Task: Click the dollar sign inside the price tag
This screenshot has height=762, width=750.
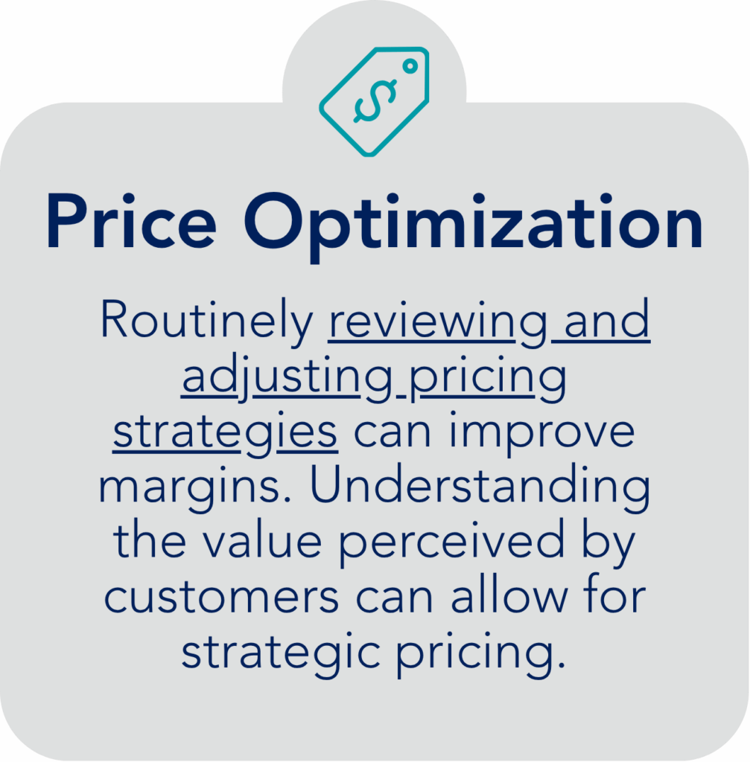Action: pyautogui.click(x=374, y=100)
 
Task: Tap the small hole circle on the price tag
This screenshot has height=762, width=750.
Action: pyautogui.click(x=410, y=65)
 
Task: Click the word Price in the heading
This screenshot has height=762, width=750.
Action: pyautogui.click(x=131, y=221)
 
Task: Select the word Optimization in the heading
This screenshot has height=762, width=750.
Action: pyautogui.click(x=474, y=225)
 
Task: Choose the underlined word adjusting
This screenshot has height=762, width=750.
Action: pyautogui.click(x=287, y=377)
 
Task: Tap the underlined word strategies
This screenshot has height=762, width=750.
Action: pyautogui.click(x=225, y=432)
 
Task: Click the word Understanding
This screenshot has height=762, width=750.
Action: pyautogui.click(x=480, y=486)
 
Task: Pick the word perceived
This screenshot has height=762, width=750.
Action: pyautogui.click(x=452, y=542)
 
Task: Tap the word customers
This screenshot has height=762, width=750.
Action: pyautogui.click(x=221, y=597)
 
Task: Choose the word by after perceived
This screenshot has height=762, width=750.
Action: pyautogui.click(x=609, y=542)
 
